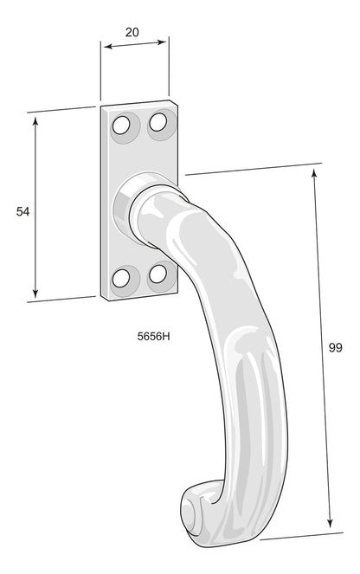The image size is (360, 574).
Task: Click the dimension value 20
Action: [132, 32]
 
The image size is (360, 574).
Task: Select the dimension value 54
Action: [23, 211]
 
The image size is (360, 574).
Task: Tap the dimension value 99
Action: [336, 348]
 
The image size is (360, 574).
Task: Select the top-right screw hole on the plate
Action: [157, 123]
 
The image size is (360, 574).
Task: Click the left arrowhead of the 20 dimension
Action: [106, 49]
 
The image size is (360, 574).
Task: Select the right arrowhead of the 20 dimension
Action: [164, 40]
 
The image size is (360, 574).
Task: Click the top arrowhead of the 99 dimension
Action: [314, 172]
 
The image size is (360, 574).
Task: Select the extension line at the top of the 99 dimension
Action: [251, 168]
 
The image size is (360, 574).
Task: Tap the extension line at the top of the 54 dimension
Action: [61, 110]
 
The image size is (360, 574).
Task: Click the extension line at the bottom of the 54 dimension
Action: [61, 300]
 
